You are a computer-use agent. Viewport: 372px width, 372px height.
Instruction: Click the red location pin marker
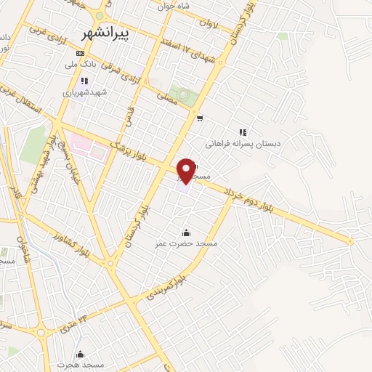pos(187,170)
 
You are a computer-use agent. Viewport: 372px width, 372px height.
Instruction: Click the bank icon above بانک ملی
pos(79,54)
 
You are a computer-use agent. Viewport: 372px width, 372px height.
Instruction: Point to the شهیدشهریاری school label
pos(84,93)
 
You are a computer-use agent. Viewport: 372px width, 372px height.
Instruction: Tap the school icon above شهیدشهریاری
pos(84,81)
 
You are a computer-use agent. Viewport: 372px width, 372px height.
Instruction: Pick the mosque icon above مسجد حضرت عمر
pos(187,232)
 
